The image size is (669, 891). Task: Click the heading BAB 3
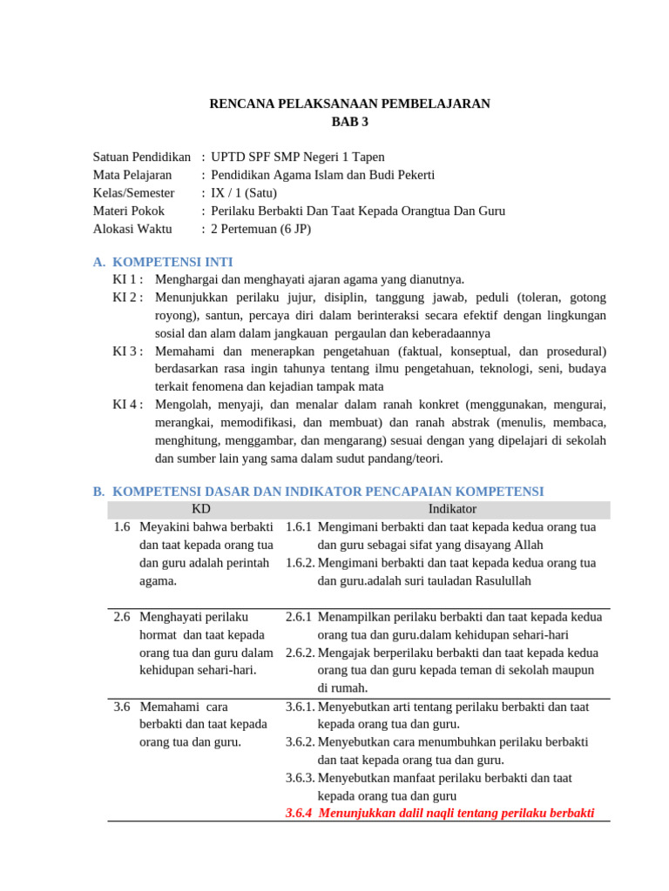349,122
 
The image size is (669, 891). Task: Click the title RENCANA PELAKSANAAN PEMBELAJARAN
349,104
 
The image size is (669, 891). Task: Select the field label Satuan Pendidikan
141,157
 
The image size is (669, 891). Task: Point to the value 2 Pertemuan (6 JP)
260,229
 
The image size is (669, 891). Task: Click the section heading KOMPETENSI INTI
172,262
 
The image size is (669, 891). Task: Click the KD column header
200,509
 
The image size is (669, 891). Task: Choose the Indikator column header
452,509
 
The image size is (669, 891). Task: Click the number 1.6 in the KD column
122,527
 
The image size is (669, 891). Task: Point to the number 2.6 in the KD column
122,617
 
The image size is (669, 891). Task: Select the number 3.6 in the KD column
122,707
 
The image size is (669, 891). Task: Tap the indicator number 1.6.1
299,527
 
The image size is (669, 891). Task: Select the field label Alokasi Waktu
132,229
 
